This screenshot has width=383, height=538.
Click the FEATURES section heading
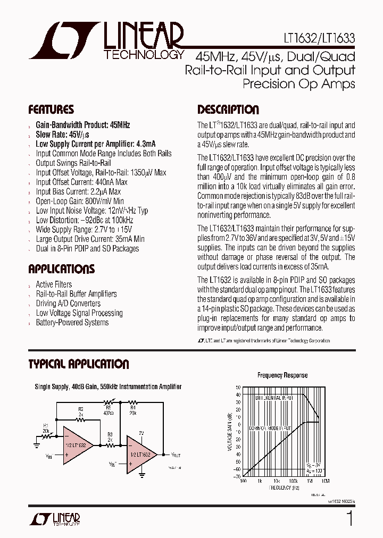(51, 110)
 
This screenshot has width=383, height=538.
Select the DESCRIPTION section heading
(228, 110)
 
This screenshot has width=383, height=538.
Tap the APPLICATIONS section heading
(61, 268)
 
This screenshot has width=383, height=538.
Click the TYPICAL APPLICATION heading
(78, 364)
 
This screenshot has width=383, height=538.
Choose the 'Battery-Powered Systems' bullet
(72, 323)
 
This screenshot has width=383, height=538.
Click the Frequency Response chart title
(282, 375)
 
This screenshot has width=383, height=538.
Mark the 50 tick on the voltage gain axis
(238, 388)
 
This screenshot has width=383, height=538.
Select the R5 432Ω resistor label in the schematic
(109, 410)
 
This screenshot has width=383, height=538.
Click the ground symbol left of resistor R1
(37, 439)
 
